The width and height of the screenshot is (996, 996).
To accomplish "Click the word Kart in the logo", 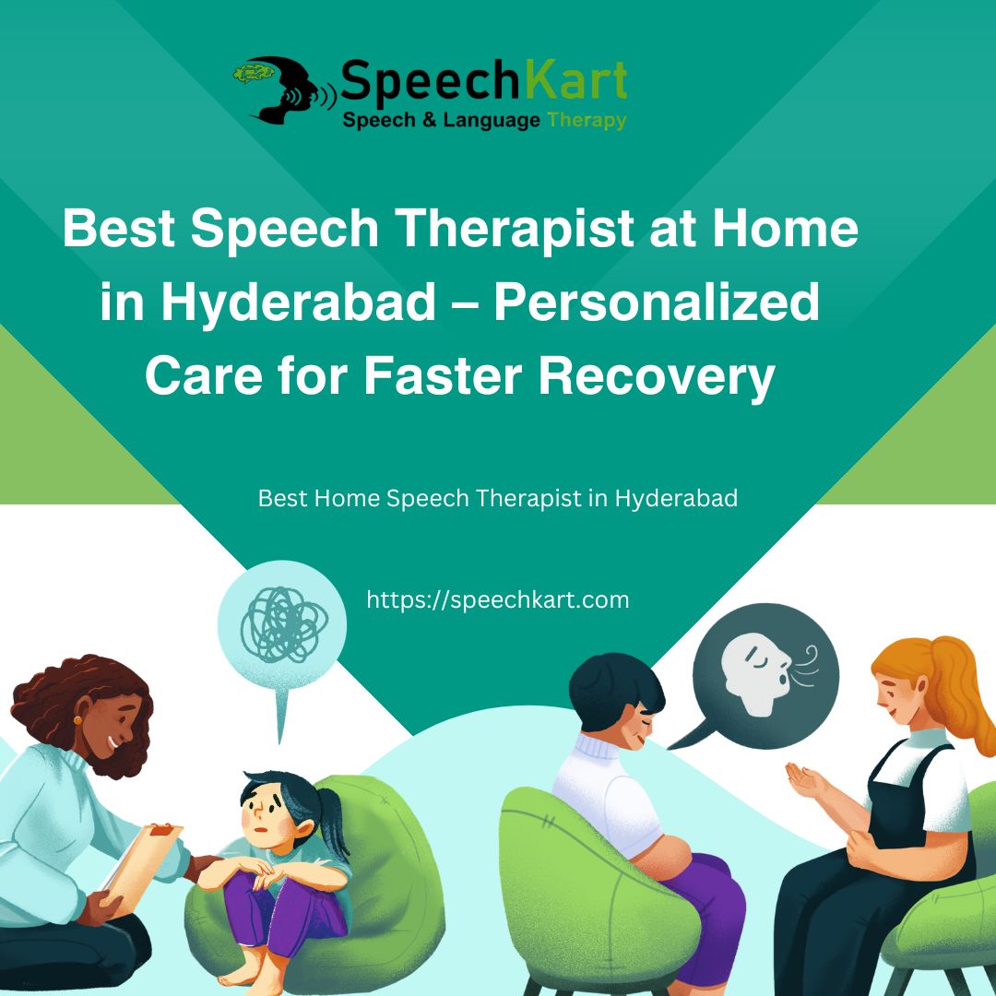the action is [576, 80].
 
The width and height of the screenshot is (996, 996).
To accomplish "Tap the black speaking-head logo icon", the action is [285, 89].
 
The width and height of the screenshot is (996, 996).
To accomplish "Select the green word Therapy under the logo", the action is [587, 121].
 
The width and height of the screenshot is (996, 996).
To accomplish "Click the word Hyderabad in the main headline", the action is [299, 303].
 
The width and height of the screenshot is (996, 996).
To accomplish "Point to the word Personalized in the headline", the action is [657, 303].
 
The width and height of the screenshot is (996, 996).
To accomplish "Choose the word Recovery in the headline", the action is [657, 377].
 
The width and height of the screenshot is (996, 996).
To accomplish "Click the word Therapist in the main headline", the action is [514, 229].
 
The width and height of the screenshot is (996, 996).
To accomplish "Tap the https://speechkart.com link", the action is [498, 599].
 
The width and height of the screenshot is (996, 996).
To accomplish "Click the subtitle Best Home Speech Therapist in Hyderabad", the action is [498, 499].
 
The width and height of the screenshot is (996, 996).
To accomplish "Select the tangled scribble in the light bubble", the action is [284, 624].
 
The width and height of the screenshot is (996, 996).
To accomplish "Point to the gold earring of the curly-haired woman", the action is [78, 720].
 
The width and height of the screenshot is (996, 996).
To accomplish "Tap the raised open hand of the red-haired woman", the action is [803, 780].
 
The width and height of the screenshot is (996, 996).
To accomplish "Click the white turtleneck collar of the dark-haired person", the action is [597, 745].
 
